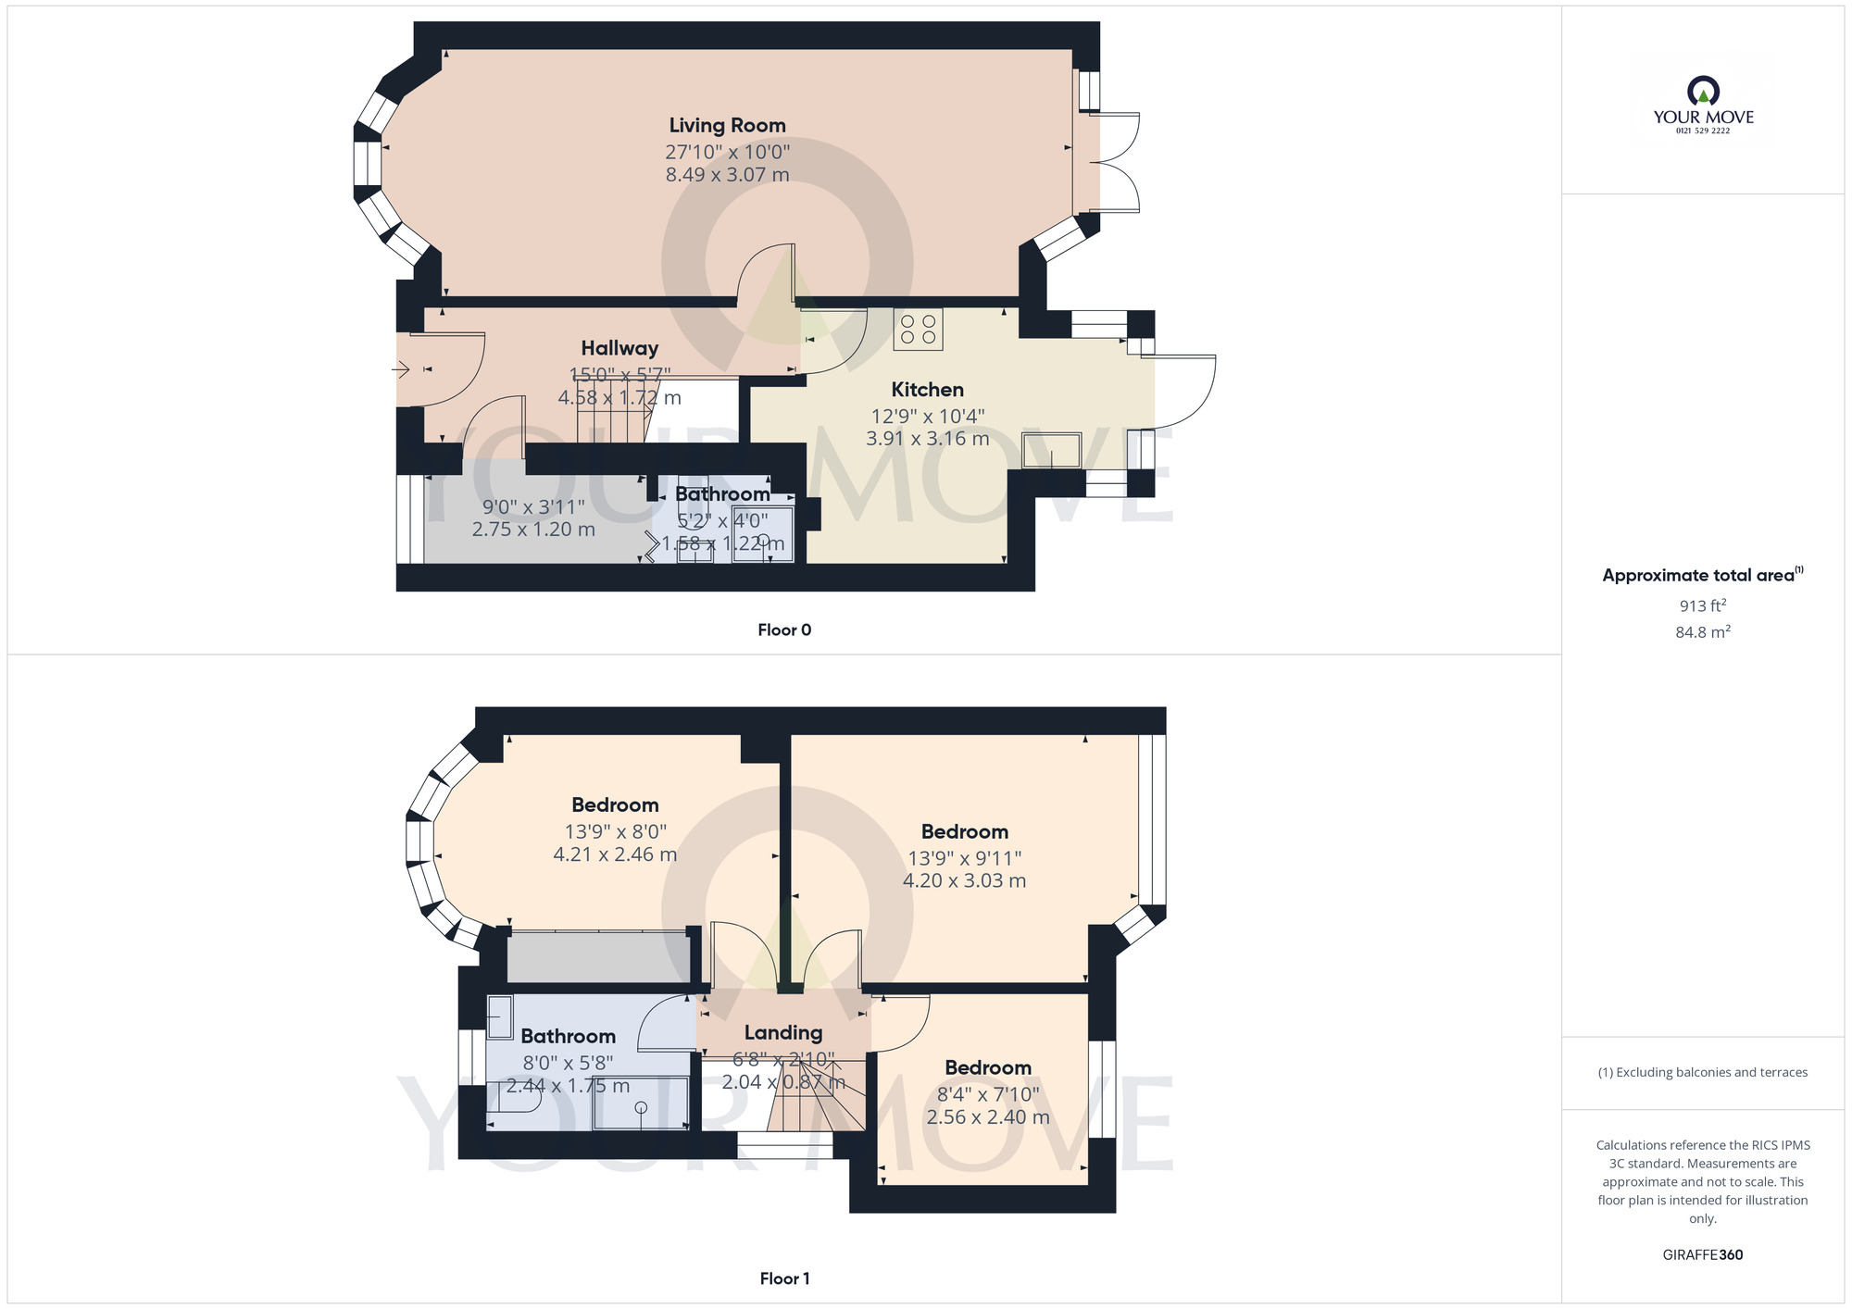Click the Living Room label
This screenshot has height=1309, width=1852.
(727, 125)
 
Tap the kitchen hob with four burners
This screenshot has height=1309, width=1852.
(918, 330)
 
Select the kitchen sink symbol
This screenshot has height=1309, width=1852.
(1052, 450)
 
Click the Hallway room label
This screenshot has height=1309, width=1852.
(619, 348)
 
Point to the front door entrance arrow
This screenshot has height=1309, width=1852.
(401, 370)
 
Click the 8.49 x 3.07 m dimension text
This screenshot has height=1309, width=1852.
(727, 175)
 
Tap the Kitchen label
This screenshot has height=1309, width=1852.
(927, 390)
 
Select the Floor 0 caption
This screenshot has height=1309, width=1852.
(783, 630)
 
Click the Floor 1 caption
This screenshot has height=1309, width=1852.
(783, 1278)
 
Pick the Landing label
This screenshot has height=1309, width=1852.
(783, 1032)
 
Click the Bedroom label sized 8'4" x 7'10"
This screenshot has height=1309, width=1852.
(987, 1067)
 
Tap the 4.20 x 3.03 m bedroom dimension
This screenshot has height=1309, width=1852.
(964, 880)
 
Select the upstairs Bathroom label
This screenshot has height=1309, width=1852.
(568, 1036)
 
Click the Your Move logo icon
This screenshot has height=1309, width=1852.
(1703, 92)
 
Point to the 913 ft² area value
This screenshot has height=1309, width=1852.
(1702, 606)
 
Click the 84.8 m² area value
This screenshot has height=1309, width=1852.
(1702, 632)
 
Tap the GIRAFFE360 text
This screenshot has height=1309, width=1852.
(1702, 1255)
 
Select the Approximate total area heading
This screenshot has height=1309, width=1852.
(1702, 575)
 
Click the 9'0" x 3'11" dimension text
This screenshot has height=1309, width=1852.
(533, 507)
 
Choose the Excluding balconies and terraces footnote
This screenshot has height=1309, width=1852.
(1702, 1072)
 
